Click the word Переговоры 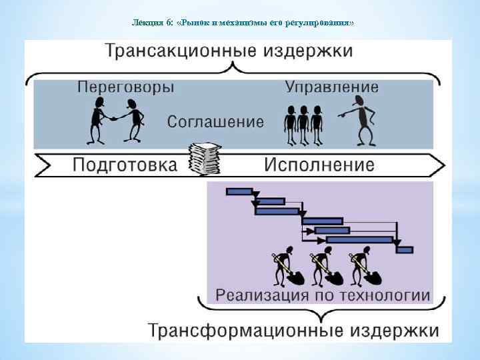pos(126,87)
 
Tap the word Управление pos(332,87)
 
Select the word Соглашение pos(215,122)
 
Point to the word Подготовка pos(125,165)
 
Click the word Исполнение pos(319,165)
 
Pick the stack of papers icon pos(204,159)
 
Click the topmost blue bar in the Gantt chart pos(239,191)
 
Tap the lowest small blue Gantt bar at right pos(405,250)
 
